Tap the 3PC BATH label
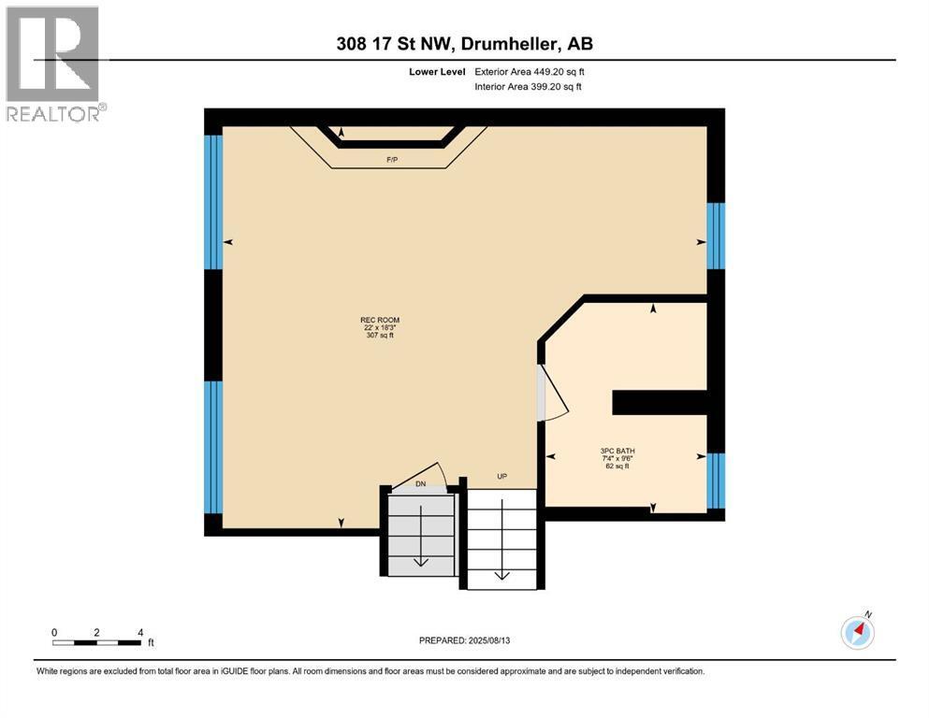(x=617, y=451)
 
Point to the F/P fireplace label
(x=392, y=160)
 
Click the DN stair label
(x=421, y=483)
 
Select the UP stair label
(x=501, y=477)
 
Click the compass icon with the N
(x=857, y=632)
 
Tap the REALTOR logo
(x=54, y=64)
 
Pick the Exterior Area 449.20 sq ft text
(x=530, y=72)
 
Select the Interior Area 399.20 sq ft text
(x=528, y=86)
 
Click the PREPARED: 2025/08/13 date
(x=464, y=640)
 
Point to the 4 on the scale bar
(x=140, y=632)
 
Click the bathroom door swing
(x=555, y=395)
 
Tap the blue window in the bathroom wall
(x=716, y=481)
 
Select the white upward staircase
(x=501, y=538)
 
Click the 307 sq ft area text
(x=381, y=335)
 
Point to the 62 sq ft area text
(x=617, y=466)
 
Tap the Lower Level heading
(x=437, y=72)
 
